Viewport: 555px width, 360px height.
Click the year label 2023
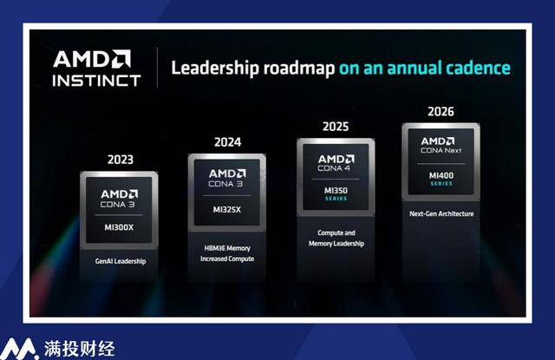[121, 160]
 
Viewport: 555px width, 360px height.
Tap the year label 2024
[227, 142]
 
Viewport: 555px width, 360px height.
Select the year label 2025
[336, 127]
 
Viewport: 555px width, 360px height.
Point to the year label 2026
[441, 112]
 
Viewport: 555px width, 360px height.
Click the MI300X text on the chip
[119, 227]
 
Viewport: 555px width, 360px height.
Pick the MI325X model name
[227, 210]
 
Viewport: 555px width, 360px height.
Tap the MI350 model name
[336, 191]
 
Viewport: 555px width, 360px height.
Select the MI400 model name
[441, 175]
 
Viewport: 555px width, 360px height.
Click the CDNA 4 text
[334, 168]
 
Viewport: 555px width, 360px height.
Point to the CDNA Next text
[441, 150]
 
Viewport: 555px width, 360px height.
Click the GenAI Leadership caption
[121, 261]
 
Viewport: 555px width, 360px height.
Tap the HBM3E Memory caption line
[227, 248]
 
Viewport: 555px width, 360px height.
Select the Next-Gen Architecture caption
[441, 213]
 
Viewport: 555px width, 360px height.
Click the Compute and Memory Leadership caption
[336, 238]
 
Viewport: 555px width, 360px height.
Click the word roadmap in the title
[298, 68]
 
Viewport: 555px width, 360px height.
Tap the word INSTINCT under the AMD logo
[96, 81]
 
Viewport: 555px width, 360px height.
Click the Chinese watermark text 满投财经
[79, 349]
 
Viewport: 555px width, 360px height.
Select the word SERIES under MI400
[441, 184]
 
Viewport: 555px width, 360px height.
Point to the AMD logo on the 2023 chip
[120, 194]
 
